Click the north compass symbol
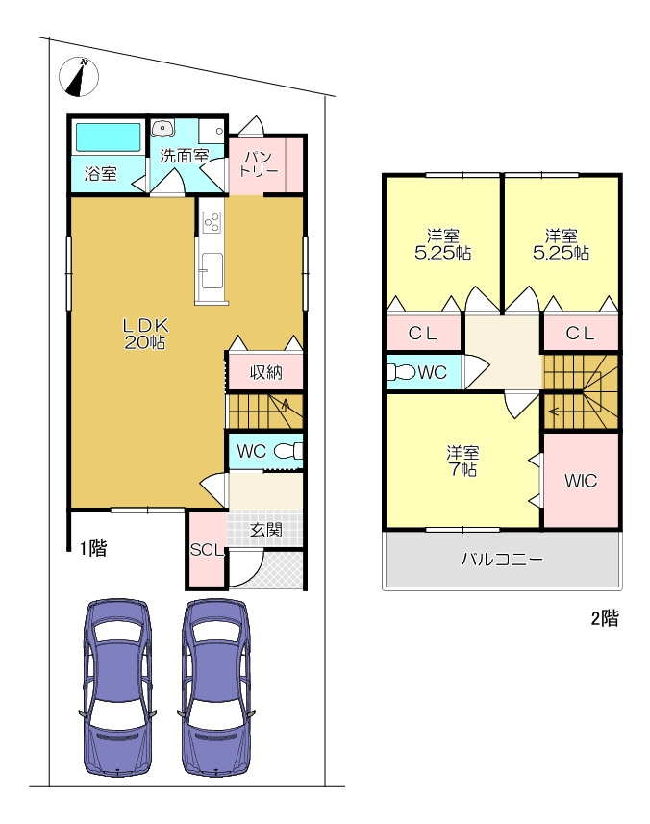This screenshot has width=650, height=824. click(x=79, y=77)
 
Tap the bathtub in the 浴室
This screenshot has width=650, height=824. click(x=109, y=137)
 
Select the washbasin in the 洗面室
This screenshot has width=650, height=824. click(x=162, y=127)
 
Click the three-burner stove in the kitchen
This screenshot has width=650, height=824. click(x=212, y=223)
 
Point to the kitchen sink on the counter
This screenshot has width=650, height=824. click(x=212, y=270)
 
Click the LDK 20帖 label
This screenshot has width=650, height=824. click(x=145, y=334)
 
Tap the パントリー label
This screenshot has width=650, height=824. click(x=259, y=163)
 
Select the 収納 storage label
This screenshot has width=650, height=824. click(x=266, y=373)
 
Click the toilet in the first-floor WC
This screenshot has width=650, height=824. click(x=290, y=451)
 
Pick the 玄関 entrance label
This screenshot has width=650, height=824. click(x=266, y=530)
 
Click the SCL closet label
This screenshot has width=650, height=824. click(x=207, y=550)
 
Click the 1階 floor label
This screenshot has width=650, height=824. click(x=93, y=549)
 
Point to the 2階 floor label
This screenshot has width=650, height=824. click(x=605, y=618)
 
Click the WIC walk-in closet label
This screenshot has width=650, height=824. click(x=581, y=481)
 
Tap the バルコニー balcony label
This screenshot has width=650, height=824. click(x=502, y=560)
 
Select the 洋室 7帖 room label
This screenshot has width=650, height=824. click(x=462, y=461)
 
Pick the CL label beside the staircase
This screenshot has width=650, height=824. click(x=580, y=333)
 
